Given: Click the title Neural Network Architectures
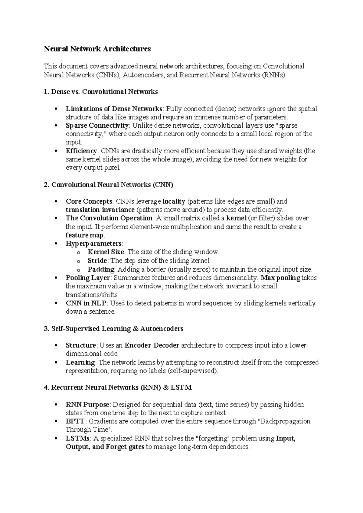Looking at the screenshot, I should pyautogui.click(x=97, y=49).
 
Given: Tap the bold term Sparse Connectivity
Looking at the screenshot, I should pyautogui.click(x=97, y=126).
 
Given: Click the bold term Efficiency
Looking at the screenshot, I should pyautogui.click(x=81, y=151).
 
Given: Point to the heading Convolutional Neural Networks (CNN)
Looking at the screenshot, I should pyautogui.click(x=108, y=185).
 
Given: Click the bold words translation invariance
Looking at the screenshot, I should pyautogui.click(x=100, y=210).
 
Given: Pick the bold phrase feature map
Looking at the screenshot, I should pyautogui.click(x=85, y=235).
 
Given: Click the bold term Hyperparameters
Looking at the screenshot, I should pyautogui.click(x=93, y=244).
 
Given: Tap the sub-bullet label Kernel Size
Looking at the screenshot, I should pyautogui.click(x=106, y=252).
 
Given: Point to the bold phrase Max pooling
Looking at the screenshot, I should pyautogui.click(x=280, y=278).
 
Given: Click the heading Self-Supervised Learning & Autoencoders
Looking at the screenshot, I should pyautogui.click(x=113, y=329).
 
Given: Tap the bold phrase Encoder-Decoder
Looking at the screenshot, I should pyautogui.click(x=152, y=345).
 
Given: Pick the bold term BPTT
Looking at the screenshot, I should pyautogui.click(x=76, y=421).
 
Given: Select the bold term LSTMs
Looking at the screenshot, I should pyautogui.click(x=77, y=438).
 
